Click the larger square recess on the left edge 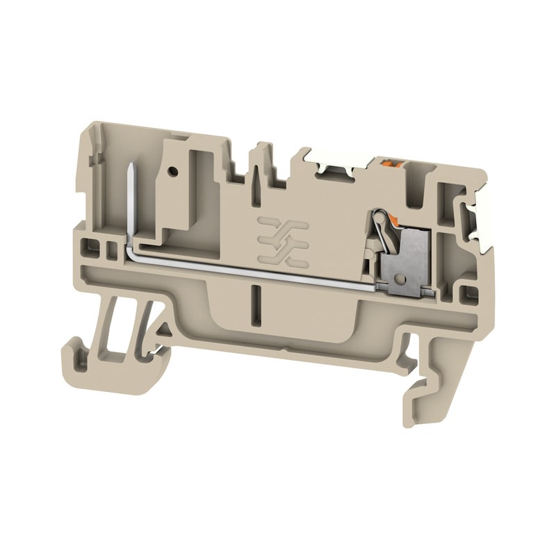88,246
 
